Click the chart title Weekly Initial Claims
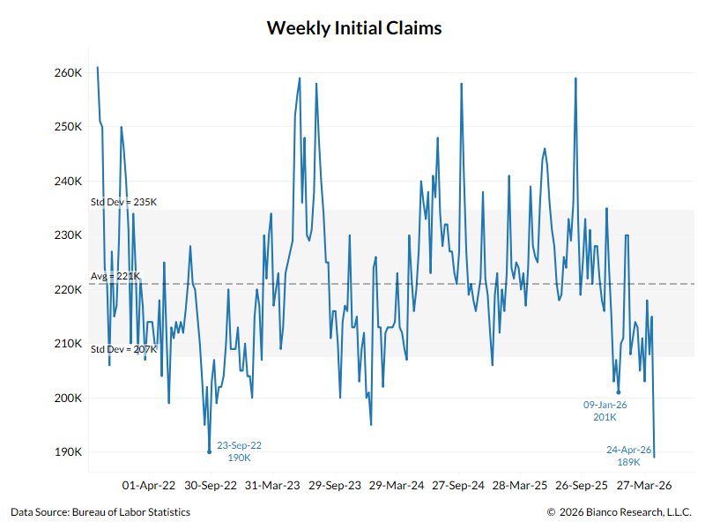tap(353, 28)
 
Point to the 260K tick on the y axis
tap(68, 72)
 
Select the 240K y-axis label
tap(68, 181)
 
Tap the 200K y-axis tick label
tap(68, 398)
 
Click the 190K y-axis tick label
tap(68, 452)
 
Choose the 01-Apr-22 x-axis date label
tap(149, 485)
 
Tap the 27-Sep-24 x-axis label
tap(458, 485)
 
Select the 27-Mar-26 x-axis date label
tap(643, 485)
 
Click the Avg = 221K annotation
tap(115, 276)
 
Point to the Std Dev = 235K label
tap(123, 202)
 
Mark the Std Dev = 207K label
tap(123, 349)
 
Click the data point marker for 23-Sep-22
tap(209, 452)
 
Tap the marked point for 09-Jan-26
tap(619, 392)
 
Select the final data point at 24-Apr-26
tap(654, 457)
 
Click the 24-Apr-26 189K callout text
tap(628, 455)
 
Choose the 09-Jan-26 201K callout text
tap(605, 411)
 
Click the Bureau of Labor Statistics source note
tap(100, 512)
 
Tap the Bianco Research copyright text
tap(620, 512)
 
